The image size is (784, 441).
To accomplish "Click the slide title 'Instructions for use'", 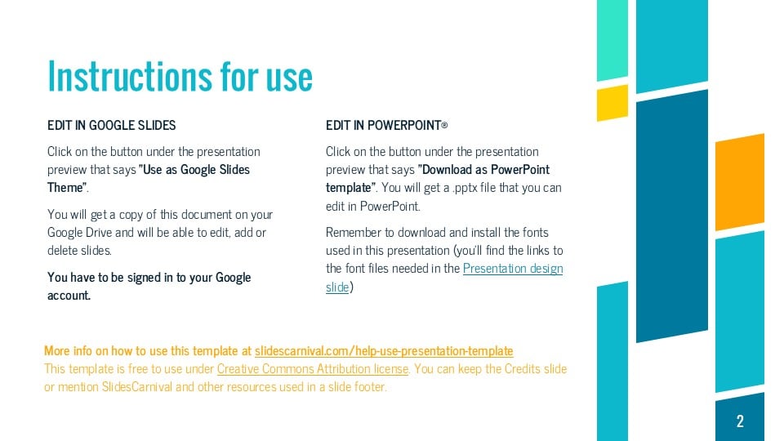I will pos(180,77).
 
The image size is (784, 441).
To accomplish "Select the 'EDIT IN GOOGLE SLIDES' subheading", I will pos(111,126).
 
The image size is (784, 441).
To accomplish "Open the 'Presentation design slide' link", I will pos(513,269).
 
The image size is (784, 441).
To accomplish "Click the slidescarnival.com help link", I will pos(384,351).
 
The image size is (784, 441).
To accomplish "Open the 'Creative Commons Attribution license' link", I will pos(313,369).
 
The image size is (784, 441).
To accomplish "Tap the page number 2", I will pos(740,421).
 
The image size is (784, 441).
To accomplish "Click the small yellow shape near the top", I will pos(612,103).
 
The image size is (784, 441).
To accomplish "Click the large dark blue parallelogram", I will pos(671,216).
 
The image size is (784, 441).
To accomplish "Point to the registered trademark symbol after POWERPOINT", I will pos(444,127).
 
